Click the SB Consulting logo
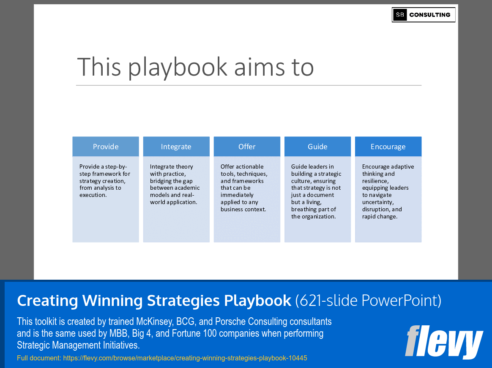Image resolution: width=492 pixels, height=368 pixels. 423,15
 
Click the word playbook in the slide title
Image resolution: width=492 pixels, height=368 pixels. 178,67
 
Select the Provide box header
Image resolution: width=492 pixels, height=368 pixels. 106,147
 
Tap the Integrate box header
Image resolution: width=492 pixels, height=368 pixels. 176,147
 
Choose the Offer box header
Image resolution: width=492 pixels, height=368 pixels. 247,147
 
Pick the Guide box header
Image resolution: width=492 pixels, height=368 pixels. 317,147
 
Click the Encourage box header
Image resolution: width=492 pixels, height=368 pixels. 388,147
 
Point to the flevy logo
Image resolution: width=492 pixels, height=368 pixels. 443,342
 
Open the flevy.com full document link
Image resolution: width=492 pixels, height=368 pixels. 185,358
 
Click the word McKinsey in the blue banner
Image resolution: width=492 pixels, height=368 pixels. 154,322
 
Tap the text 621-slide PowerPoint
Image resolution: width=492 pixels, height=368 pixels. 368,300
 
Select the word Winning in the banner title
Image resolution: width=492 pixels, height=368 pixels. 113,300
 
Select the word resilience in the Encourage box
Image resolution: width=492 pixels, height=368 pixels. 374,181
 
